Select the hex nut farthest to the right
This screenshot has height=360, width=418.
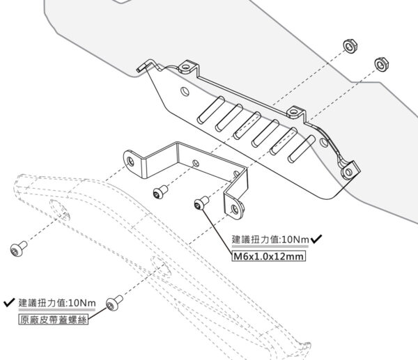(x=381, y=64)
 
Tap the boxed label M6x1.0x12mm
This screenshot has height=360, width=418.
(x=269, y=256)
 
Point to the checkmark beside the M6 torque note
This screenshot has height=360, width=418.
(x=317, y=239)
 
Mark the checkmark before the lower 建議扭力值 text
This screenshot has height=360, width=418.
(x=9, y=303)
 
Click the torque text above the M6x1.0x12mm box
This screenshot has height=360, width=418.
(x=270, y=240)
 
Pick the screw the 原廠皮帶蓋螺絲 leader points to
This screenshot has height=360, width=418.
(x=116, y=304)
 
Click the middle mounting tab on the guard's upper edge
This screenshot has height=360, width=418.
(x=295, y=112)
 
